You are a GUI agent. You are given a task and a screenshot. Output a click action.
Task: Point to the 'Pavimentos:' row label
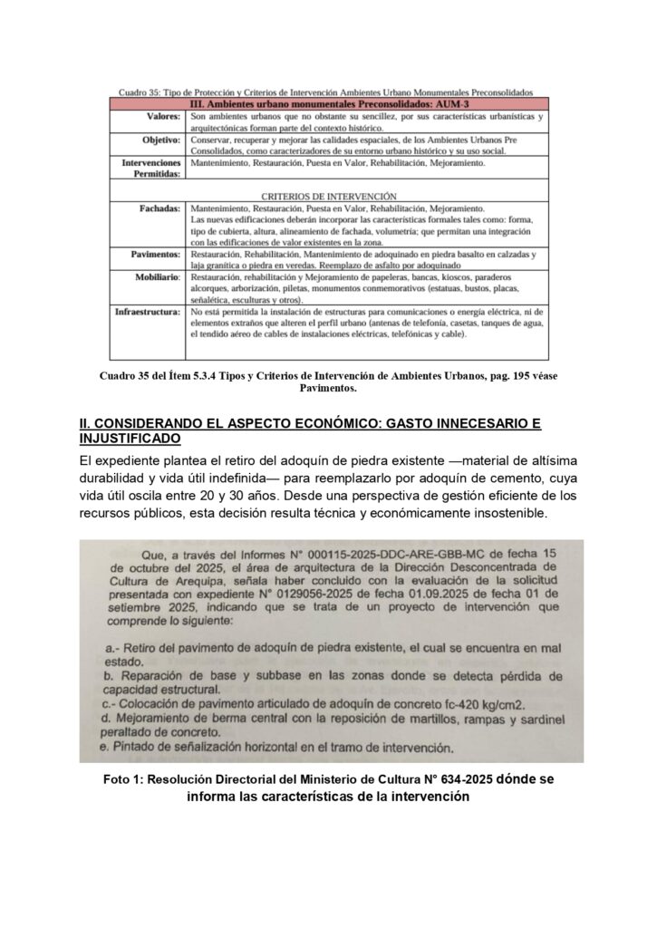pos(156,256)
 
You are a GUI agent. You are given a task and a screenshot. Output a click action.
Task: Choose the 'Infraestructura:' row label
pos(148,311)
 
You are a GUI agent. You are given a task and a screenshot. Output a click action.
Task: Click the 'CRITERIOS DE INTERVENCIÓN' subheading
pos(330,196)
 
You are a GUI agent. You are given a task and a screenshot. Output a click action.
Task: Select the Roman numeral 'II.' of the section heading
pos(86,423)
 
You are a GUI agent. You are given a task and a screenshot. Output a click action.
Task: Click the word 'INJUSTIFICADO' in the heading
pos(130,439)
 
